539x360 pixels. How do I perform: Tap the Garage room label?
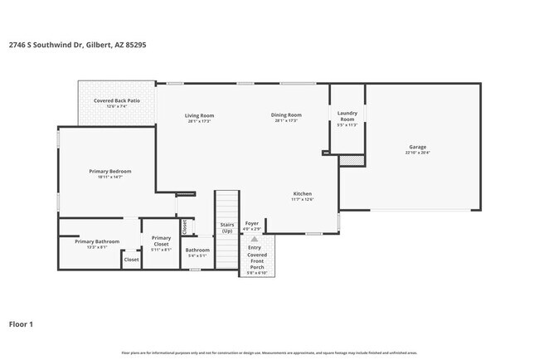pyautogui.click(x=417, y=147)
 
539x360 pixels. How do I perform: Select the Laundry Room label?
pyautogui.click(x=347, y=117)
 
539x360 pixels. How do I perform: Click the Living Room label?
pyautogui.click(x=199, y=115)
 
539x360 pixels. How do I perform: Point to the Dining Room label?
pyautogui.click(x=286, y=115)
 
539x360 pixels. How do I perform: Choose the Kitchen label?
pyautogui.click(x=302, y=194)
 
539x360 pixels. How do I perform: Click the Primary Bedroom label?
pyautogui.click(x=110, y=171)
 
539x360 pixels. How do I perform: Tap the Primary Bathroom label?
pyautogui.click(x=97, y=241)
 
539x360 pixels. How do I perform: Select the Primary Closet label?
pyautogui.click(x=161, y=241)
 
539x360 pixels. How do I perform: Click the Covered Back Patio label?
pyautogui.click(x=116, y=100)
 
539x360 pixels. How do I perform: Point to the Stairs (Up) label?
pyautogui.click(x=226, y=227)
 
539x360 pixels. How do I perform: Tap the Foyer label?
pyautogui.click(x=252, y=223)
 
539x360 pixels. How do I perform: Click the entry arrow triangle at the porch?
pyautogui.click(x=255, y=239)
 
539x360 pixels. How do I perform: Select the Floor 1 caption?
pyautogui.click(x=21, y=324)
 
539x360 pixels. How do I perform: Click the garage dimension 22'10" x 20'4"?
pyautogui.click(x=417, y=153)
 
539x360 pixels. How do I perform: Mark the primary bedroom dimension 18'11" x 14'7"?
pyautogui.click(x=110, y=177)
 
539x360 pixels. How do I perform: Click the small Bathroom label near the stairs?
pyautogui.click(x=197, y=250)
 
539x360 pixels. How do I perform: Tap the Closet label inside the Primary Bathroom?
pyautogui.click(x=131, y=260)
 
